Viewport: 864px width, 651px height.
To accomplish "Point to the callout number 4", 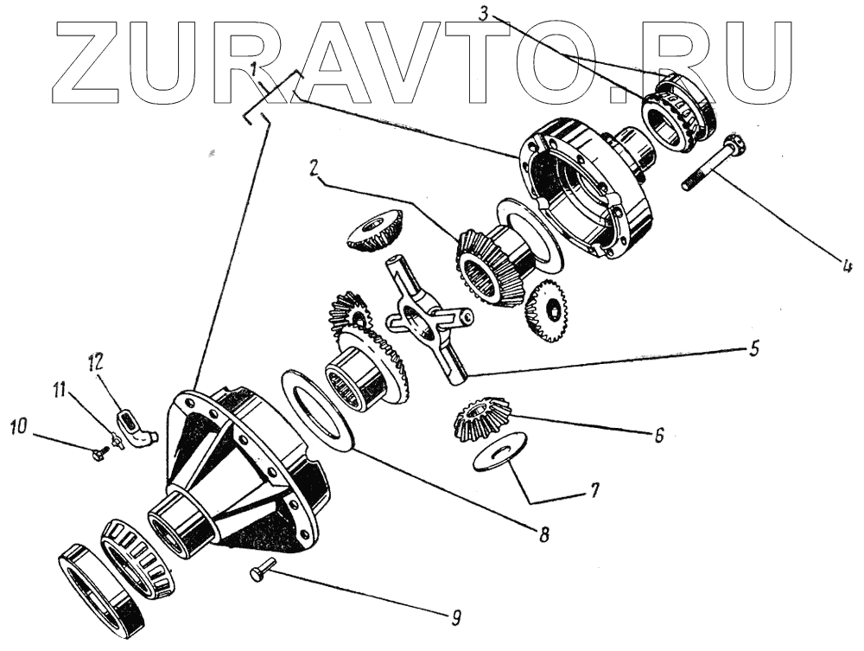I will coord(847,265).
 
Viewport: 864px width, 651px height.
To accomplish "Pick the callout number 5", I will coord(753,348).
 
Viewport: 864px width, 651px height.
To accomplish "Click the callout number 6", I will coord(658,436).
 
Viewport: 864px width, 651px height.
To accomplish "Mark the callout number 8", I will coord(543,533).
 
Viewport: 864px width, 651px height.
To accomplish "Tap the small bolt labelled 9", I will coord(261,571).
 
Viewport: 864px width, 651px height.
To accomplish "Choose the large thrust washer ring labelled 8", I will coord(318,406).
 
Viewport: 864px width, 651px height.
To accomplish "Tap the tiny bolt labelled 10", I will coord(98,450).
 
